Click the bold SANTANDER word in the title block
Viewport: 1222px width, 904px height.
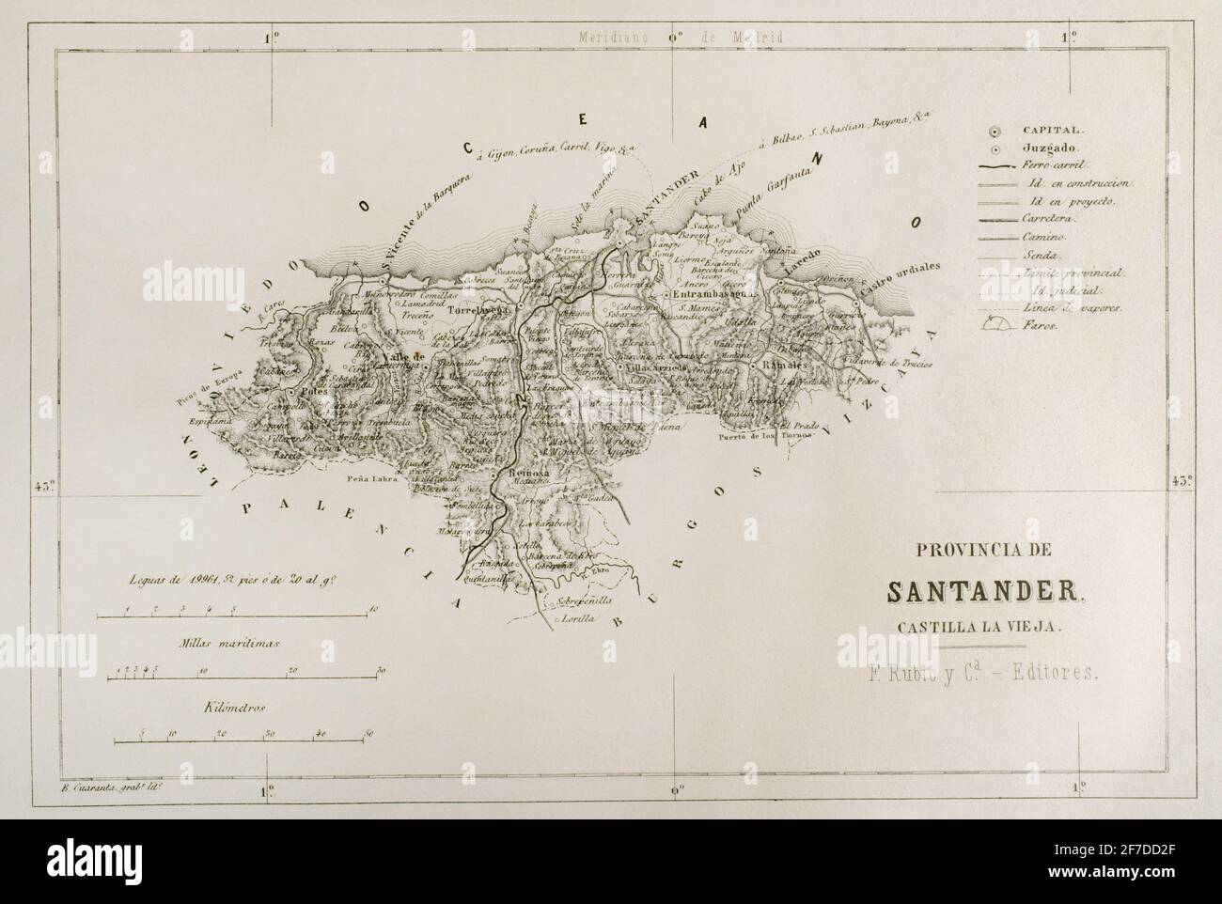click(x=986, y=591)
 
